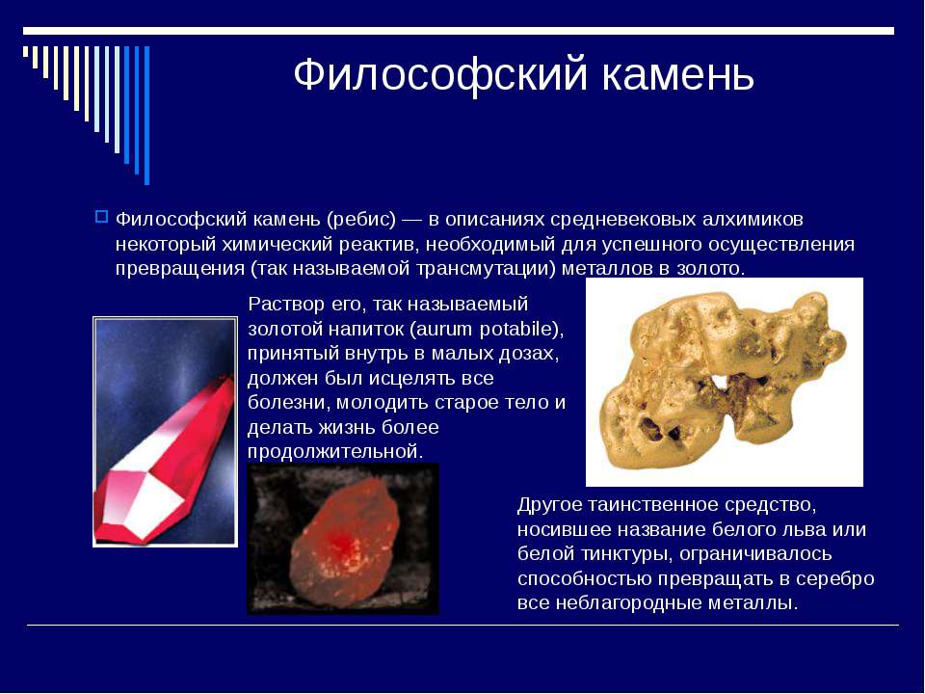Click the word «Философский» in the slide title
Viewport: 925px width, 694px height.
click(x=440, y=75)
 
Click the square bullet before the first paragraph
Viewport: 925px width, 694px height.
click(x=101, y=217)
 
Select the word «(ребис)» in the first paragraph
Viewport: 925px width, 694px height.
click(x=361, y=220)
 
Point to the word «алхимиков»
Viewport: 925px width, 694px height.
click(x=753, y=220)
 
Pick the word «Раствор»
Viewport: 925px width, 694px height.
click(x=286, y=305)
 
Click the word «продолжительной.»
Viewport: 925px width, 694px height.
click(x=335, y=452)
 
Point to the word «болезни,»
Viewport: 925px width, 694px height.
click(x=289, y=403)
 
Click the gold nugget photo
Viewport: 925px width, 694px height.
click(x=724, y=382)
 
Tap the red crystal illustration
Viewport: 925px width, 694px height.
click(x=165, y=432)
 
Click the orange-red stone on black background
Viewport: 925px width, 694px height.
click(x=343, y=539)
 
